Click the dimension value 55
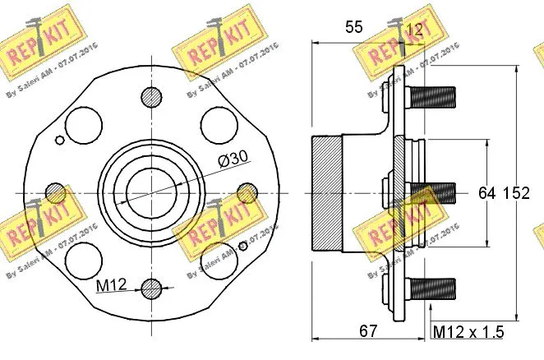tap(354, 27)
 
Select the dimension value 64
tap(487, 193)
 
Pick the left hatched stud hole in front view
tap(56, 193)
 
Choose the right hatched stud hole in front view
tap(247, 193)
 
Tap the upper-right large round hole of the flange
tap(220, 126)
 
